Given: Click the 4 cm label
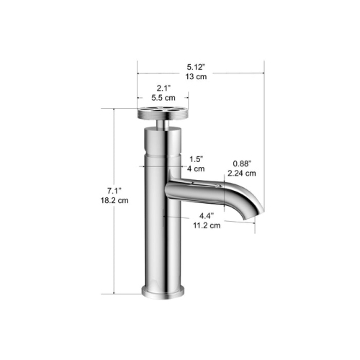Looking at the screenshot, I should coord(194,170).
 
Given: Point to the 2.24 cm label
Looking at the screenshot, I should coord(240,173).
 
